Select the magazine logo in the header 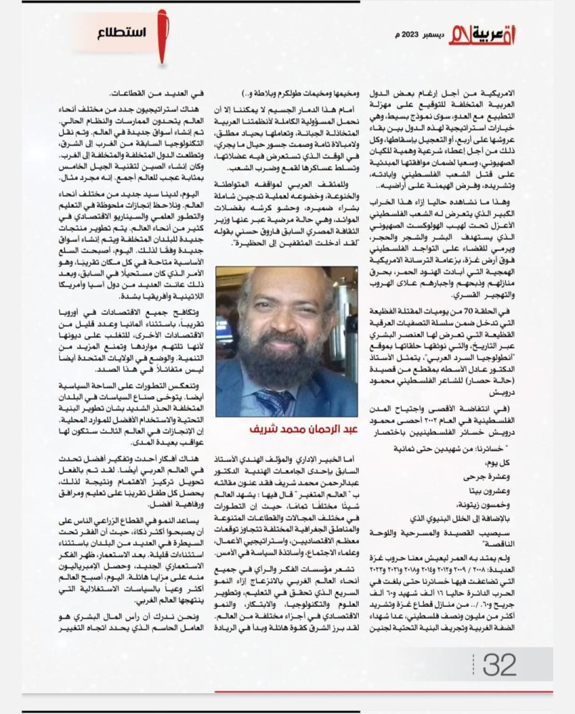click(482, 34)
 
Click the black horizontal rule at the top click(285, 2)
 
